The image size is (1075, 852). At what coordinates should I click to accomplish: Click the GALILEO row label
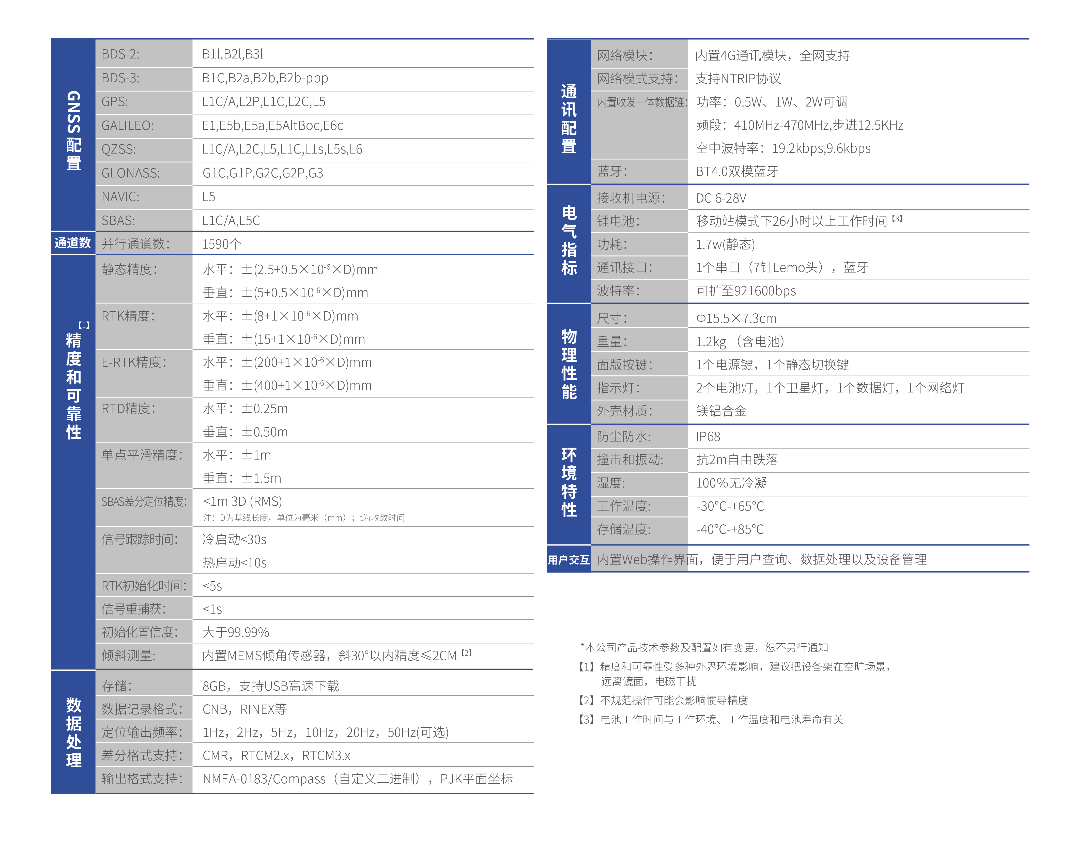[128, 126]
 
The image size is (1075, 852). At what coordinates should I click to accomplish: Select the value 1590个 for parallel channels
[221, 244]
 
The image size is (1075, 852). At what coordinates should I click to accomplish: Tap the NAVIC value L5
[208, 197]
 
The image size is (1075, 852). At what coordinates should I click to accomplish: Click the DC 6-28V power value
[721, 199]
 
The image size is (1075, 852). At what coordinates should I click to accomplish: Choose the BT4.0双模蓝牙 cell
[737, 172]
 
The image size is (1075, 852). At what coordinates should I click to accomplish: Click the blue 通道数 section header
[73, 243]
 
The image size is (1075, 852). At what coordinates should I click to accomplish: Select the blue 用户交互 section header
[569, 559]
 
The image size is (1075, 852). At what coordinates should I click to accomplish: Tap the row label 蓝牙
[612, 172]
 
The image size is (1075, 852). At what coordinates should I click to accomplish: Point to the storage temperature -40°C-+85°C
[730, 529]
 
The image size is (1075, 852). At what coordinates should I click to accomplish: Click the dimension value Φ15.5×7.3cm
[736, 318]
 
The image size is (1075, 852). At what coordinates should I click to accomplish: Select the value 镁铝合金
[721, 411]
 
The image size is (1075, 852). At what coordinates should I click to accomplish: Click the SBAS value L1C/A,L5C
[231, 220]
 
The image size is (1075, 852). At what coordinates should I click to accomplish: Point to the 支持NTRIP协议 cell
[738, 79]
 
